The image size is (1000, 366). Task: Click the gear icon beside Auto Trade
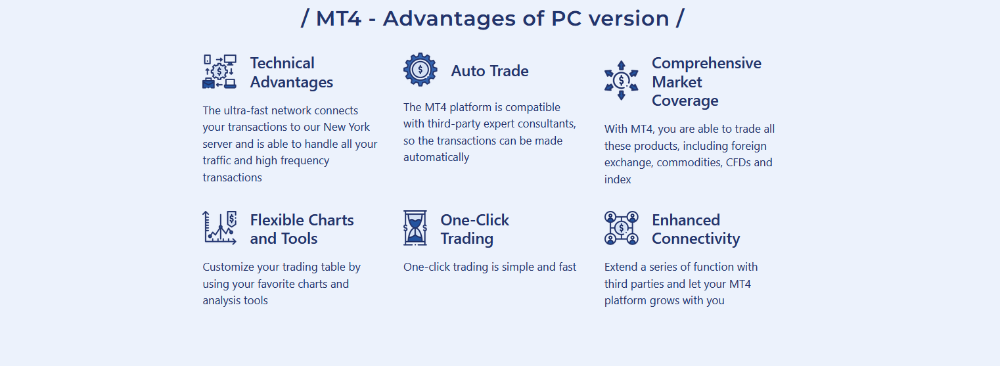coord(420,70)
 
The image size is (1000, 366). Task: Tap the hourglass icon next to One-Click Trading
coord(415,228)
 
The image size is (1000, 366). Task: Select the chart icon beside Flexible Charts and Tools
coord(219,228)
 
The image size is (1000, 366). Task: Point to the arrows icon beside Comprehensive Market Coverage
coord(621,80)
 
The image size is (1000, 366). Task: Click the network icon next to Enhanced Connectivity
coord(621,228)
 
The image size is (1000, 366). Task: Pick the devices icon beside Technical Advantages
coord(219,72)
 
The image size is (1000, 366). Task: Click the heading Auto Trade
coord(489,71)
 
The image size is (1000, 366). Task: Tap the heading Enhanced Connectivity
coord(696,229)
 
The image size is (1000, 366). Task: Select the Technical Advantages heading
coord(291,73)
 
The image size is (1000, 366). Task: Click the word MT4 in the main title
coord(338,19)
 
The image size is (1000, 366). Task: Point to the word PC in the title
coord(566,19)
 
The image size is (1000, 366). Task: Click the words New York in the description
coord(346,127)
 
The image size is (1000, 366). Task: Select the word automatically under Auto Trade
coord(436,158)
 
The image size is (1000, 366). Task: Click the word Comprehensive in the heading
coord(706,63)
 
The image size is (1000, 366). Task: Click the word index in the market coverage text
coord(618,179)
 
